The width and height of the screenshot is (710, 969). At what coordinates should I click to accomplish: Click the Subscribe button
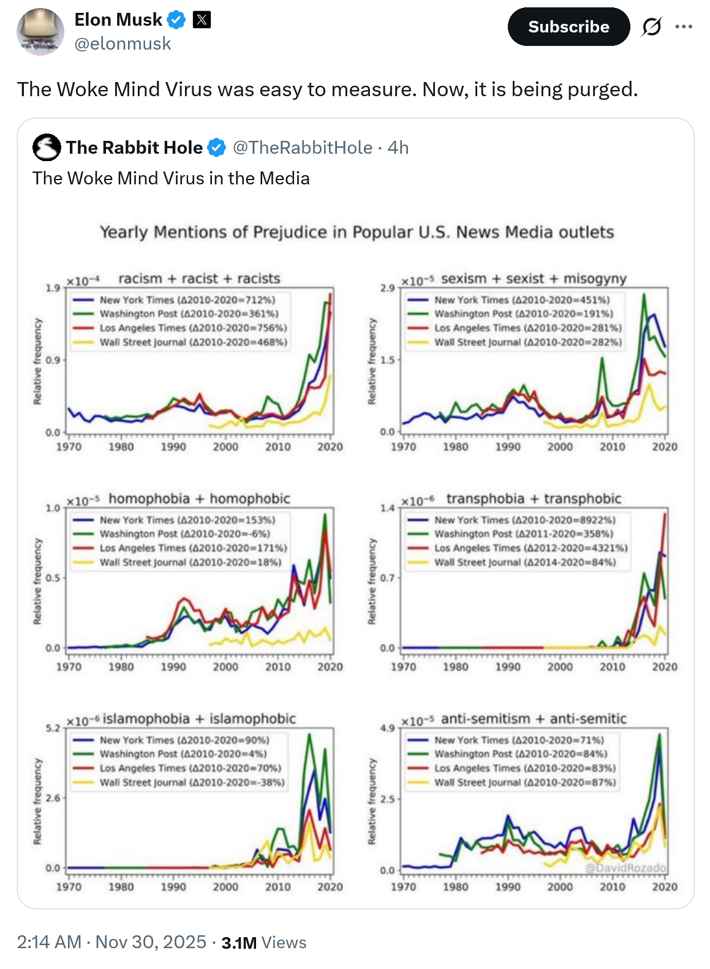(568, 27)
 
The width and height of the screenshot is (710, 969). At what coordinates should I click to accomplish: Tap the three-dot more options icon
(684, 27)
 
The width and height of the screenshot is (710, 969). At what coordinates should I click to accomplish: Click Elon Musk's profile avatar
(40, 32)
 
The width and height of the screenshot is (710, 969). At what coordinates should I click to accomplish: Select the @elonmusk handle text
(123, 44)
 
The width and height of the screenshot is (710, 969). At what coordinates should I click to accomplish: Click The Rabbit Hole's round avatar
(47, 148)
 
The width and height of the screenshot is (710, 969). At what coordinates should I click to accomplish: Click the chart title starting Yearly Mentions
(357, 232)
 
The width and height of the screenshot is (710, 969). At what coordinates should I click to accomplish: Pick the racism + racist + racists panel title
(199, 279)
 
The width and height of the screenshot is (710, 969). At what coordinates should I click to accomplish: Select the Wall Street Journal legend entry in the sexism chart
(527, 342)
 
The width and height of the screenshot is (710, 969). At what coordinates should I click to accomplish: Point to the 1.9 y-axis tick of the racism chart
(53, 288)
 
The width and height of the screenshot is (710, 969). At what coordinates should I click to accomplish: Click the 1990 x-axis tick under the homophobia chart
(173, 666)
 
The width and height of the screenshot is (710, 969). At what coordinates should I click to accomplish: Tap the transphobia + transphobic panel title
(534, 499)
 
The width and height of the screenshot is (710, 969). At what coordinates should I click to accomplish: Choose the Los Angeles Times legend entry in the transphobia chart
(531, 548)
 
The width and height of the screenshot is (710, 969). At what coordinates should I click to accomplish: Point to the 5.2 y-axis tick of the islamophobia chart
(53, 728)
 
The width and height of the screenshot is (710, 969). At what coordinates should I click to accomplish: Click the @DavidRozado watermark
(625, 868)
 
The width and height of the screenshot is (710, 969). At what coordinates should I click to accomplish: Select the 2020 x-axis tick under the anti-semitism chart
(665, 887)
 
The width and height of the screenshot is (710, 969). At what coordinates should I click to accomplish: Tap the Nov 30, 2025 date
(151, 942)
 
